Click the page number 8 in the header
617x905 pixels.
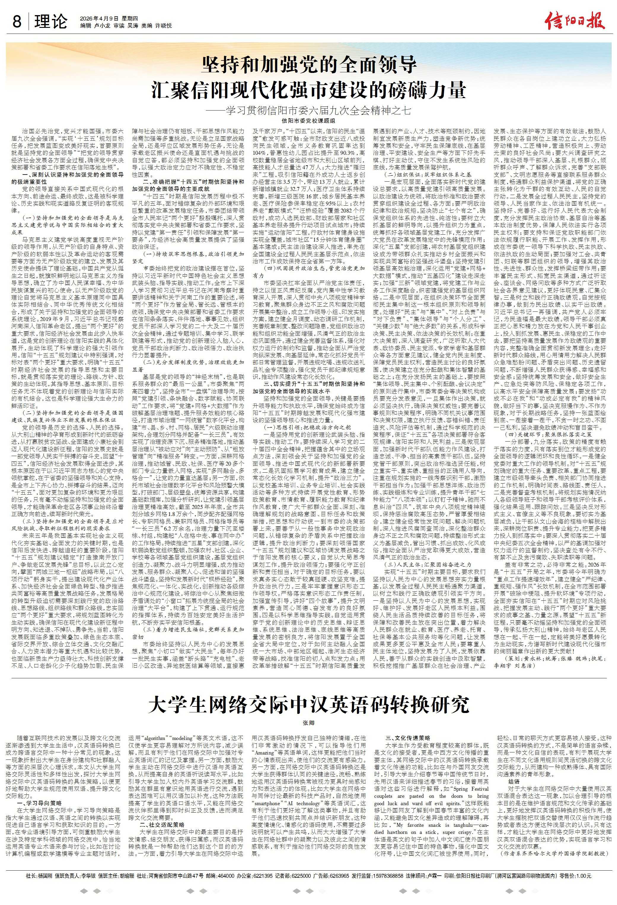point(17,22)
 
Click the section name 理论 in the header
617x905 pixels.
point(51,22)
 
